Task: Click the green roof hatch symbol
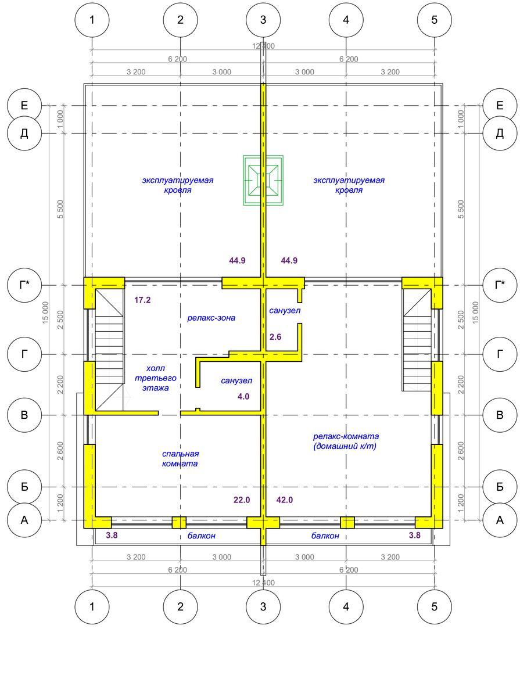[263, 180]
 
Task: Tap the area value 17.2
[142, 300]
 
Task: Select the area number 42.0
[284, 500]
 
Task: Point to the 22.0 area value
[242, 500]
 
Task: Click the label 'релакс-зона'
[211, 318]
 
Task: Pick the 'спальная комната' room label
[180, 458]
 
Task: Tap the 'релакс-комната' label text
[346, 436]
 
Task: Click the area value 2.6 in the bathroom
[275, 336]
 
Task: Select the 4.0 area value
[243, 396]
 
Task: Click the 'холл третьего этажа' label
[155, 378]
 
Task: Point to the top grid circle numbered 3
[263, 20]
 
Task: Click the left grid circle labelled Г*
[24, 285]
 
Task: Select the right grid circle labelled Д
[500, 134]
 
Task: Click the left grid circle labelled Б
[24, 487]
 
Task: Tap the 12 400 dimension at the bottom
[263, 583]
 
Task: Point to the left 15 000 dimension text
[45, 312]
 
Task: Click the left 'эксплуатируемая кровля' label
[178, 185]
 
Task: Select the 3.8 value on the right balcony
[414, 535]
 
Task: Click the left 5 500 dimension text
[60, 209]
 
